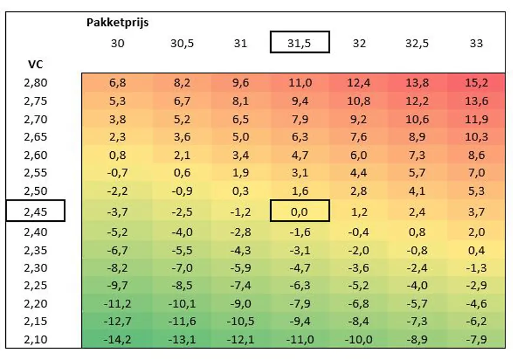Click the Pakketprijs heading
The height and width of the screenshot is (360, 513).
click(117, 23)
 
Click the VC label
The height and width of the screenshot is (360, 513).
click(35, 63)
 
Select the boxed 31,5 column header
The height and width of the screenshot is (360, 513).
click(300, 43)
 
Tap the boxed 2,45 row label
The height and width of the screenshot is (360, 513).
click(35, 211)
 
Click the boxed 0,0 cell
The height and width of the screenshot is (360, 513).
click(300, 211)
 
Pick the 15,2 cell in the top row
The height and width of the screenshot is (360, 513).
click(476, 83)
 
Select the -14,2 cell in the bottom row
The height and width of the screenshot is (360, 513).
click(117, 339)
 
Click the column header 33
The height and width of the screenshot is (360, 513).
click(476, 43)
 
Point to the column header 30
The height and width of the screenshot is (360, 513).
click(117, 43)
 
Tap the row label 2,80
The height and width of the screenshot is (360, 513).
click(35, 83)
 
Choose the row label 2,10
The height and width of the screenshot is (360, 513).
click(35, 339)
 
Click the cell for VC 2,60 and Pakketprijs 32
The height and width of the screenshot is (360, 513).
click(359, 156)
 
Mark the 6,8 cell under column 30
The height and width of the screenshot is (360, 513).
click(117, 83)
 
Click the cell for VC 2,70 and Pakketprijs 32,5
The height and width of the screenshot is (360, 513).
click(417, 119)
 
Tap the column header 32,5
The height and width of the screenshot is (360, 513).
click(417, 43)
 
